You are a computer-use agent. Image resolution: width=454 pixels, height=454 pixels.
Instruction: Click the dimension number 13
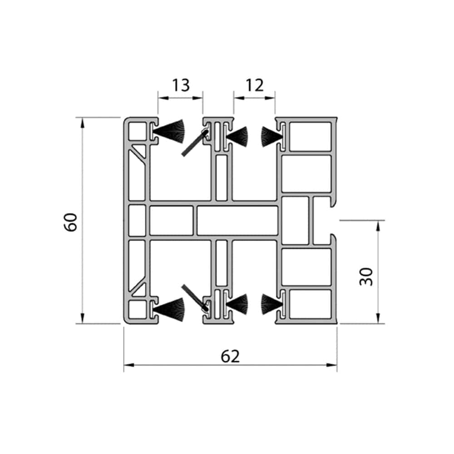[x=181, y=85]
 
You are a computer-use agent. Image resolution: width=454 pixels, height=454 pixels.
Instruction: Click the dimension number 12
[x=255, y=85]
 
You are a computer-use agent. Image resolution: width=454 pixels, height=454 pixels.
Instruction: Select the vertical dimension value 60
[x=71, y=222]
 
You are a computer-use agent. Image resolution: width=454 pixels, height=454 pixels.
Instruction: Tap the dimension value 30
[x=366, y=277]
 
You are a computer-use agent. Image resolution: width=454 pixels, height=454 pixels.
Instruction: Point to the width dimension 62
[x=230, y=356]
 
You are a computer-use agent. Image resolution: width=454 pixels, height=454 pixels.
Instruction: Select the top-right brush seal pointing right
[x=272, y=136]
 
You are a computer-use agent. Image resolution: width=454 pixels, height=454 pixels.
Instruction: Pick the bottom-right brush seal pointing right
[x=272, y=304]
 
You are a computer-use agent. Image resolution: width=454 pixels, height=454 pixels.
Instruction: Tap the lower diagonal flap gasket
[x=194, y=298]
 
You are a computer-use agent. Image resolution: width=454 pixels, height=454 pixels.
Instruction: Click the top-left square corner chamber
[x=137, y=132]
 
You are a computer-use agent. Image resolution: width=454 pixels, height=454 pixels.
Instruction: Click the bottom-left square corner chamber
[x=137, y=310]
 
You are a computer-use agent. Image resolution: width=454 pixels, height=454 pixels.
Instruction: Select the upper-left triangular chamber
[x=140, y=151]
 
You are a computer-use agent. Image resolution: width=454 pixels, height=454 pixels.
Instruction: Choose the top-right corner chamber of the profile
[x=311, y=137]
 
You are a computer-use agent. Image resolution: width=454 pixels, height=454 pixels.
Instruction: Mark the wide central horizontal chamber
[x=237, y=220]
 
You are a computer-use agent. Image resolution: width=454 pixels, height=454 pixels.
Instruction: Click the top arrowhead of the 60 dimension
[x=83, y=123]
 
